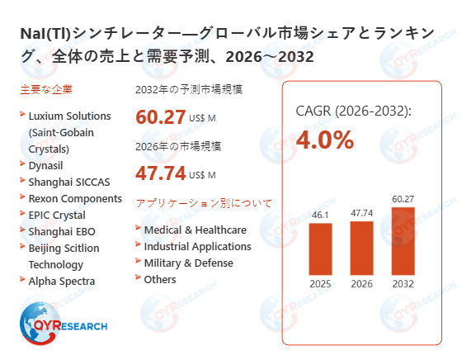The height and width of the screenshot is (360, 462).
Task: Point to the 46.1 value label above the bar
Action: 320,215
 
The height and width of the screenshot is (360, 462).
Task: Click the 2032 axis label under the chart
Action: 403,284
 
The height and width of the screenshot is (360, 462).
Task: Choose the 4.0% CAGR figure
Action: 324,140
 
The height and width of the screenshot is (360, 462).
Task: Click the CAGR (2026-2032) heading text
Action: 353,111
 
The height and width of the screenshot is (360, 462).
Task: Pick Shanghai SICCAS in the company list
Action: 68,181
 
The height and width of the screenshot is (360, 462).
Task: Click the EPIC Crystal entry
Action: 56,215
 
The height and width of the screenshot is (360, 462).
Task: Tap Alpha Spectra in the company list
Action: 62,281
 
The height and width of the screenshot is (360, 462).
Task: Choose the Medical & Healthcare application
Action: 195,230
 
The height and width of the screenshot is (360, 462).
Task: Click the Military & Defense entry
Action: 188,263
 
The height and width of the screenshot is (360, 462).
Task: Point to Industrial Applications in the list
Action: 197,246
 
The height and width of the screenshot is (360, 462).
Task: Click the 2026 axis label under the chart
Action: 361,284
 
